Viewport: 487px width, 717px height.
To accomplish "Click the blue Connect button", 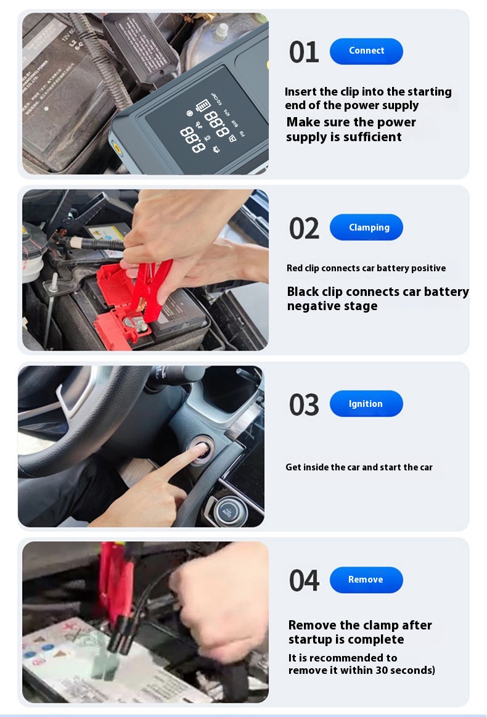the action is pyautogui.click(x=366, y=51).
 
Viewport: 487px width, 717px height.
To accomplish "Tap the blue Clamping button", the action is pyautogui.click(x=366, y=227).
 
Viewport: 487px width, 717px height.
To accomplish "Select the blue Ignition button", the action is pyautogui.click(x=366, y=403).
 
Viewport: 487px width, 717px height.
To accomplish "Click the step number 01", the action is pyautogui.click(x=304, y=52).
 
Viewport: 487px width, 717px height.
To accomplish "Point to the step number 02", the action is pyautogui.click(x=304, y=228).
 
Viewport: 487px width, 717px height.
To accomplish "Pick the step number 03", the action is pyautogui.click(x=304, y=404).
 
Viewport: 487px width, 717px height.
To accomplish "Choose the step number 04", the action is pyautogui.click(x=304, y=580).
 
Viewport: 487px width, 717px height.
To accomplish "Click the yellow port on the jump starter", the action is pyautogui.click(x=117, y=148).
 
